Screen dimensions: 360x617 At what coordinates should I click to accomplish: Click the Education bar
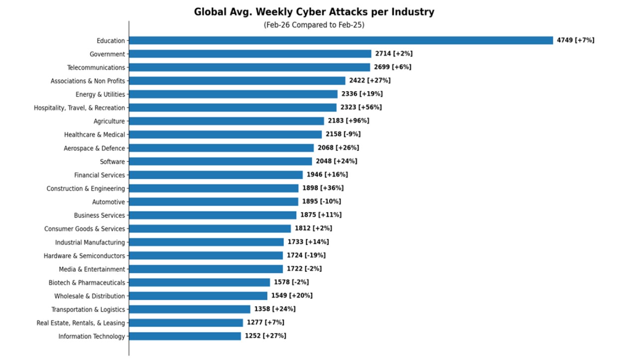341,40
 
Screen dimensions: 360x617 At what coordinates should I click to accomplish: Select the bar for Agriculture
226,121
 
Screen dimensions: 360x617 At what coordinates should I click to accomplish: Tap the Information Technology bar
185,336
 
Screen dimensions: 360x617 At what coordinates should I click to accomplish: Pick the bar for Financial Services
216,175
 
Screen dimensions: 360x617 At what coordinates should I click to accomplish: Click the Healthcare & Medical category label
95,134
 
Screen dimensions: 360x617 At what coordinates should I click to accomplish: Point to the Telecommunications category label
96,67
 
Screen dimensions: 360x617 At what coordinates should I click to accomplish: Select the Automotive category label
109,202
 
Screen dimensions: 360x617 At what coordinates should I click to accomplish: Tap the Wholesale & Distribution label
90,296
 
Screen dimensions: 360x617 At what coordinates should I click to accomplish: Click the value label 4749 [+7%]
575,40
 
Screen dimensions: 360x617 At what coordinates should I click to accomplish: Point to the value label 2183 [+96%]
348,121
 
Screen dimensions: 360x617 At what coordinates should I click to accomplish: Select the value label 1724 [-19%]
306,255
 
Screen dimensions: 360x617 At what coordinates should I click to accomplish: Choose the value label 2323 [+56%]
361,108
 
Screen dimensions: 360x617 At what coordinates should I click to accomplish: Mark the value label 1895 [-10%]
321,202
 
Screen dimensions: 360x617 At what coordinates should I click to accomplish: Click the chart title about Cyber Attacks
314,12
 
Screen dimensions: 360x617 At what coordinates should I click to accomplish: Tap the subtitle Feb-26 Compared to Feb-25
314,25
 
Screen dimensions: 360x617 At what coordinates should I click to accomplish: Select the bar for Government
250,54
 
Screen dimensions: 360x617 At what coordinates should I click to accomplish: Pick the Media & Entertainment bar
206,269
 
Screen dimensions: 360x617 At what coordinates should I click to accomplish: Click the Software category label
113,161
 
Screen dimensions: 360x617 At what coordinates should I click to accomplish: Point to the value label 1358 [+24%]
275,309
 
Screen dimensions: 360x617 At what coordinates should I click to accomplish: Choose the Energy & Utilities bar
233,94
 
